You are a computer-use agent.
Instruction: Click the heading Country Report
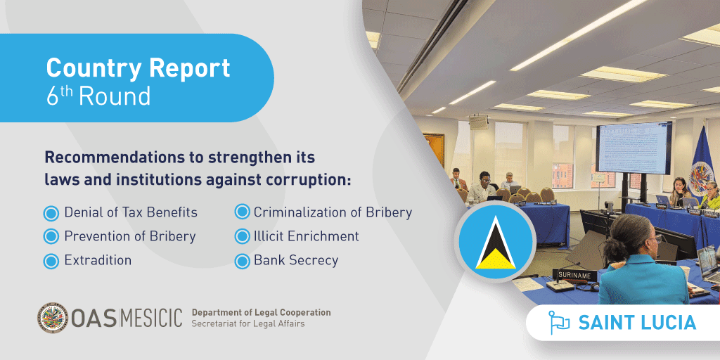[x=138, y=68]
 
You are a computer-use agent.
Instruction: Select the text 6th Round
[x=98, y=96]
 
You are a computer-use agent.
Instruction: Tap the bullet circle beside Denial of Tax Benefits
[x=51, y=213]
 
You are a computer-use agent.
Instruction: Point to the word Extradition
[x=98, y=260]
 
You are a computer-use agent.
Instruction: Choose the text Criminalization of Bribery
[x=333, y=212]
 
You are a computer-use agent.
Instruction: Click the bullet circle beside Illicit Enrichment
[x=242, y=236]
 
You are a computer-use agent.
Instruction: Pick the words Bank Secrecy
[x=295, y=260]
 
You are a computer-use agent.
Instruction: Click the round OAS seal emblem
[x=53, y=318]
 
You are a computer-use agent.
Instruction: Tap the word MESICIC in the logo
[x=150, y=318]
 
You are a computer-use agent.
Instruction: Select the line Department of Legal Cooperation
[x=261, y=312]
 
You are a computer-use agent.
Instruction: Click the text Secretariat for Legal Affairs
[x=248, y=324]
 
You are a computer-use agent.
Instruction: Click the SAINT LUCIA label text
[x=637, y=323]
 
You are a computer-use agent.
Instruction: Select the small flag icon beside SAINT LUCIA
[x=559, y=323]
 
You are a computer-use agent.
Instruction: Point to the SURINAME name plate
[x=576, y=275]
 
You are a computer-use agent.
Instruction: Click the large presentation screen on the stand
[x=634, y=148]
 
